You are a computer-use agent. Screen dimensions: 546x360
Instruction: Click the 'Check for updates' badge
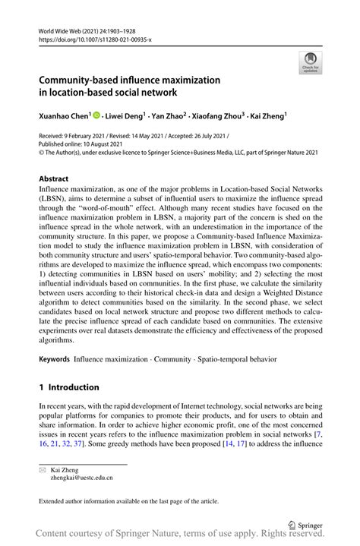pyautogui.click(x=310, y=62)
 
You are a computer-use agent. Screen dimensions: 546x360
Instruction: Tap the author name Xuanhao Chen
pyautogui.click(x=64, y=118)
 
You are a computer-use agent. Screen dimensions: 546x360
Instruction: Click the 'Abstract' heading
pyautogui.click(x=55, y=180)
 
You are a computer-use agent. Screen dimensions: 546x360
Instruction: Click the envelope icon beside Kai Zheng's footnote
pyautogui.click(x=43, y=469)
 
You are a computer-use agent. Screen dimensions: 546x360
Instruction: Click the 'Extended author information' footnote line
pyautogui.click(x=129, y=501)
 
